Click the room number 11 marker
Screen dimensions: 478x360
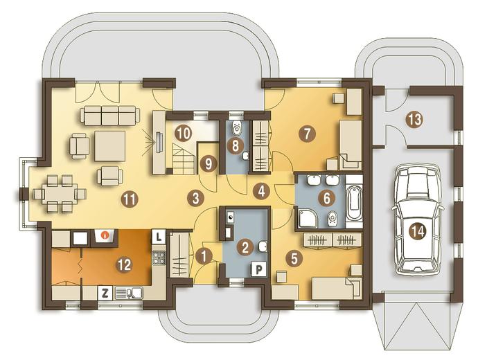tap(130, 199)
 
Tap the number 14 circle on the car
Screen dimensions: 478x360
tap(418, 232)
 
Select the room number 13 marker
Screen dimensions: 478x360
tap(415, 120)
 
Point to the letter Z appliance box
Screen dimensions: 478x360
tap(105, 293)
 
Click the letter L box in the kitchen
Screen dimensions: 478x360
tap(158, 237)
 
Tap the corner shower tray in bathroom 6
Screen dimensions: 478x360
tap(308, 217)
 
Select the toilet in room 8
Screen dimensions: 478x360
tap(236, 128)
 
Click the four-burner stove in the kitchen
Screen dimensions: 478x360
tap(159, 257)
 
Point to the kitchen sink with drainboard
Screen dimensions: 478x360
tap(130, 293)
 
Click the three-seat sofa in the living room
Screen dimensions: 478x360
tap(110, 116)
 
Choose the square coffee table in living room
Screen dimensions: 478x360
tap(110, 146)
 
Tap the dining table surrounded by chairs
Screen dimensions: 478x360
tap(60, 193)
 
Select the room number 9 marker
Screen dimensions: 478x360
tap(209, 164)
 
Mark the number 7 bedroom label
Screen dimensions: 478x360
tap(307, 134)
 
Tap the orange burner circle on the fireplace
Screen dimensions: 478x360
tap(105, 235)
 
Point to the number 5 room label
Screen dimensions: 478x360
tap(294, 258)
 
